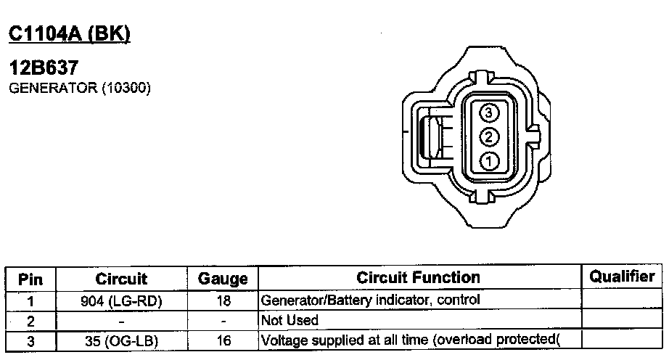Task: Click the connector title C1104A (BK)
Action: pyautogui.click(x=70, y=34)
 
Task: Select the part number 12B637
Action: pyautogui.click(x=44, y=67)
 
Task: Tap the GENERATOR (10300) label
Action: pyautogui.click(x=80, y=89)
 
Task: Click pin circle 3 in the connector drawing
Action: pyautogui.click(x=489, y=112)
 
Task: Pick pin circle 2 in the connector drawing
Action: pyautogui.click(x=489, y=137)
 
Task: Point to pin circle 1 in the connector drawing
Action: pyautogui.click(x=489, y=162)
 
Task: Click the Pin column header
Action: pyautogui.click(x=30, y=279)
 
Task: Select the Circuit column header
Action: pyautogui.click(x=121, y=279)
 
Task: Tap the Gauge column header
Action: pyautogui.click(x=223, y=279)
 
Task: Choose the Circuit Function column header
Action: pyautogui.click(x=418, y=278)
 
